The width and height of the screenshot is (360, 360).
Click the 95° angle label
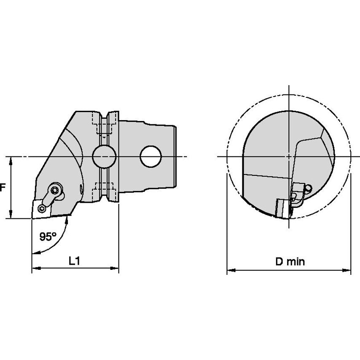(x=48, y=236)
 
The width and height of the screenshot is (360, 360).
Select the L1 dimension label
(x=74, y=261)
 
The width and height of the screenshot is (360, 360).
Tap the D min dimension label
(x=290, y=261)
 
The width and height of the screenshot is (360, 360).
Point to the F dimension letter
(x=2, y=188)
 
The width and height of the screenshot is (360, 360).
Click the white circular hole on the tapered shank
(x=151, y=156)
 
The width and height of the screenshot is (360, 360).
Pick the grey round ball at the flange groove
(x=104, y=156)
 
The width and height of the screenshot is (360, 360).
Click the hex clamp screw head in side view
(x=55, y=190)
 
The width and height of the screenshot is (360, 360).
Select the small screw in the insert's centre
(x=42, y=209)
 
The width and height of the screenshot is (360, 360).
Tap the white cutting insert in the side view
(x=42, y=209)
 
